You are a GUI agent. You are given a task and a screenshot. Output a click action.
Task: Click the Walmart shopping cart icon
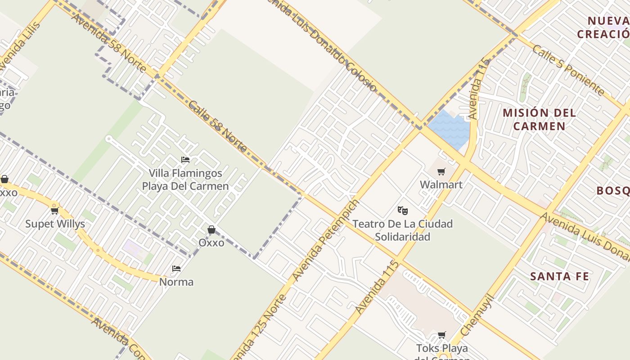click(x=441, y=171)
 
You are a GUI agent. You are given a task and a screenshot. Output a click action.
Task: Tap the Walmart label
click(x=441, y=184)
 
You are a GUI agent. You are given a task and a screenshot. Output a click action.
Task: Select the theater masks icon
click(x=403, y=210)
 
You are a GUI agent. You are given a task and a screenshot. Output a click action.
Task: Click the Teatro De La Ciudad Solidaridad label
click(x=402, y=230)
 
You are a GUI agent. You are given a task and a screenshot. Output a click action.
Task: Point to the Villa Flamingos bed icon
click(x=185, y=159)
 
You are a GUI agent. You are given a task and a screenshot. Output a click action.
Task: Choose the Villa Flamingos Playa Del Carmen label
click(x=185, y=180)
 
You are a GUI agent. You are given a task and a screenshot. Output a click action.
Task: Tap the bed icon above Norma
click(x=176, y=269)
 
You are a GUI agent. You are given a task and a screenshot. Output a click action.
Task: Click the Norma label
click(x=176, y=282)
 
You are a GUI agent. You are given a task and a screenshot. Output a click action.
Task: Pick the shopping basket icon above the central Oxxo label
click(x=211, y=230)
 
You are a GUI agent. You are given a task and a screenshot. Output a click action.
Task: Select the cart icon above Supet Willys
click(x=55, y=211)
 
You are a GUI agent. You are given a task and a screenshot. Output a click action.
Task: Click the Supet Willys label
click(x=55, y=224)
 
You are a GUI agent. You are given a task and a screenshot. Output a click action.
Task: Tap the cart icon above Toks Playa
click(x=441, y=335)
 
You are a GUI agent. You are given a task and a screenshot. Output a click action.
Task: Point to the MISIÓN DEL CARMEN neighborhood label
click(x=539, y=119)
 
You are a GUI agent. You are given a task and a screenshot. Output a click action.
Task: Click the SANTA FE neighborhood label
click(x=559, y=276)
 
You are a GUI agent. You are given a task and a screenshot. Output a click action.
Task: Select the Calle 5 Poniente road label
click(x=568, y=70)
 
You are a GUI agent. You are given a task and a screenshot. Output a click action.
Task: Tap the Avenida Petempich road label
click(x=326, y=240)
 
